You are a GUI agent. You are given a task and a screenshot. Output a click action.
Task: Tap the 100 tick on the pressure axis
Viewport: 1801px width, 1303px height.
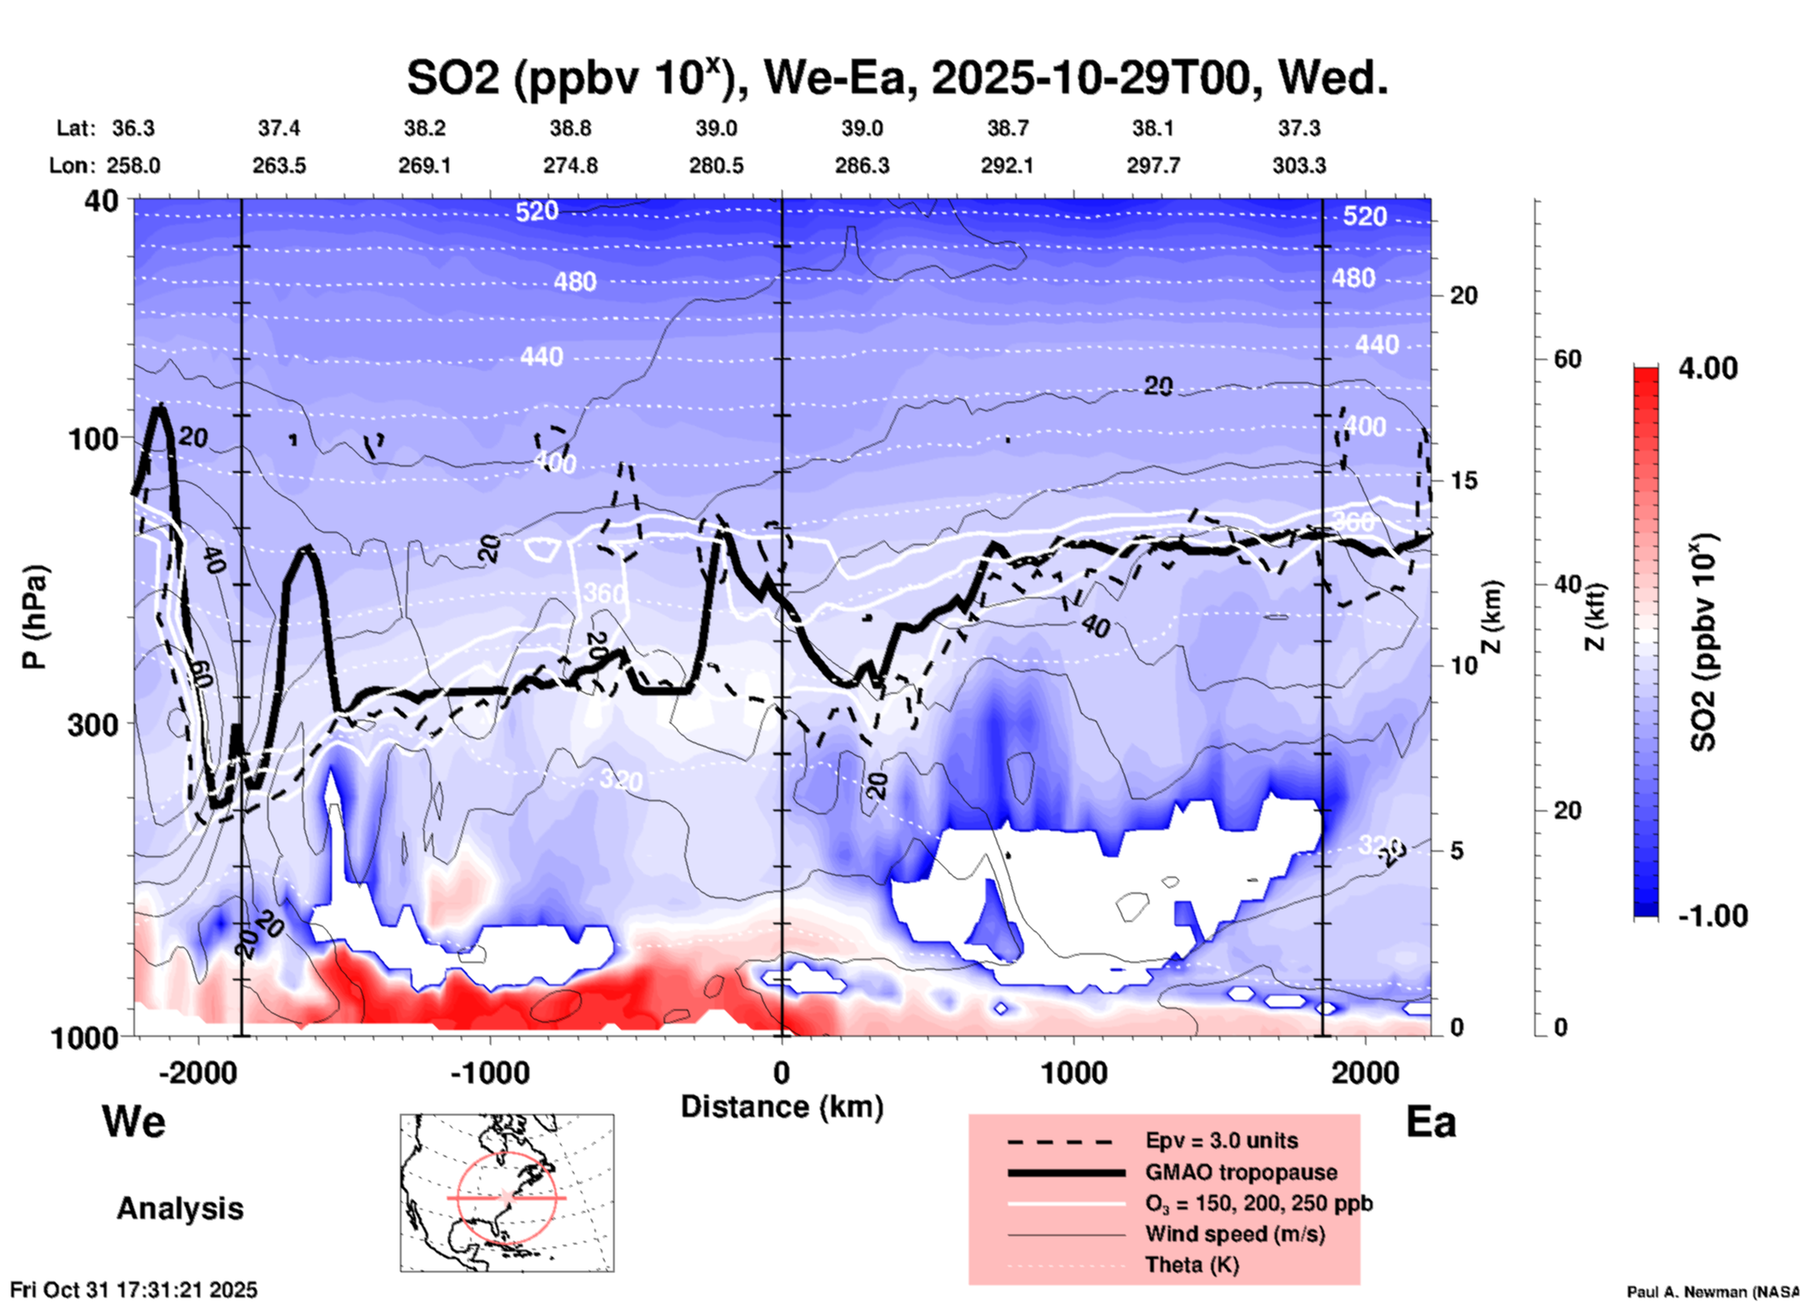point(94,438)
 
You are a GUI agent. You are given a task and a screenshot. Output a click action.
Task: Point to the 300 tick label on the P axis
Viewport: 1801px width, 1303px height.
point(94,724)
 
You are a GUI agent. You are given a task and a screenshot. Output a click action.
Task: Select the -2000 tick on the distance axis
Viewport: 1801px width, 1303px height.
point(197,1072)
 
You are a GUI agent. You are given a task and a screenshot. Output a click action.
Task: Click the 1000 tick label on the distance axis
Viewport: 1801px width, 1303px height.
point(1073,1072)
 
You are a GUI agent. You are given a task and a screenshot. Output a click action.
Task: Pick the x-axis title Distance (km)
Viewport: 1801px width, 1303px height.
point(782,1107)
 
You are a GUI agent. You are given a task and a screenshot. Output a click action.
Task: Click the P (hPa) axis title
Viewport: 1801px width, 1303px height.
point(35,617)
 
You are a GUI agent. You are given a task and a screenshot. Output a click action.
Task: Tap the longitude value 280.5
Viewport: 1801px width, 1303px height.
point(716,165)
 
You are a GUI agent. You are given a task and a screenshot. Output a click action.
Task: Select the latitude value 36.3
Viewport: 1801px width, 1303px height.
point(133,128)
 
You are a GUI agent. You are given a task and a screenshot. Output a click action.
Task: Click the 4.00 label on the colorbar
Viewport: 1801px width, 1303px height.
point(1707,367)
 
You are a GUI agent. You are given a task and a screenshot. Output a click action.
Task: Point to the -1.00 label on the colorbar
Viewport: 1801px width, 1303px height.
point(1712,915)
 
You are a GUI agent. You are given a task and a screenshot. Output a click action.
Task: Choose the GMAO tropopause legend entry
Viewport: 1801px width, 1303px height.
point(1241,1172)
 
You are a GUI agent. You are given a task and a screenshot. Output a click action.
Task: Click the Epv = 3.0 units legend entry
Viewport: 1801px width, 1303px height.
point(1221,1140)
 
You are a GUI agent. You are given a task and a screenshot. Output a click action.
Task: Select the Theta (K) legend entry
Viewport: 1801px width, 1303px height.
point(1191,1265)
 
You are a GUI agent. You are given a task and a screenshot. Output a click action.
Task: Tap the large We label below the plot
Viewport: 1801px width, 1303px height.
point(134,1121)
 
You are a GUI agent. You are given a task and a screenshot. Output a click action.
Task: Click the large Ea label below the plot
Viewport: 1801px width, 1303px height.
point(1431,1122)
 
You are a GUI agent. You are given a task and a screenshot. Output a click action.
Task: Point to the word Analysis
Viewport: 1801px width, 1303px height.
point(180,1209)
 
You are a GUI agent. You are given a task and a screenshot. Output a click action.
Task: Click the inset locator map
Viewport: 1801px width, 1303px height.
point(507,1193)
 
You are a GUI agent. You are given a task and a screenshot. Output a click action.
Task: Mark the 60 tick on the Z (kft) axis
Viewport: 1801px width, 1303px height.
point(1567,359)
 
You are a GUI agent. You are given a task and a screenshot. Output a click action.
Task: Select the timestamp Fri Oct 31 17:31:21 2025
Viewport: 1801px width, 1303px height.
point(134,1290)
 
